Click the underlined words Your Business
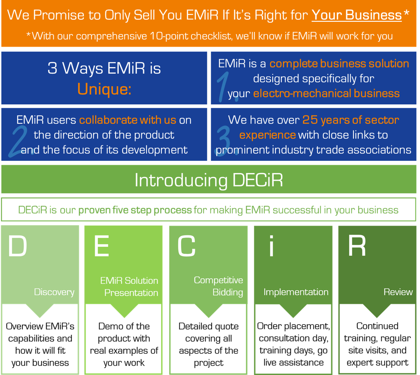tap(356, 15)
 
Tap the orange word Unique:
tap(104, 89)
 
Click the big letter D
tap(18, 246)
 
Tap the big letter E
tap(101, 246)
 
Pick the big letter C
tap(186, 246)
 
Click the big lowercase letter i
tap(271, 246)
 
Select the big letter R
tap(357, 246)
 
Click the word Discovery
tap(54, 292)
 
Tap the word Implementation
tap(296, 292)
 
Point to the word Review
tap(398, 292)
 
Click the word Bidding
tap(228, 293)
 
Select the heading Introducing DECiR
tap(209, 180)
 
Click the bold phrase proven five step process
tap(135, 210)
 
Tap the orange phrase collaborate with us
tap(127, 120)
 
